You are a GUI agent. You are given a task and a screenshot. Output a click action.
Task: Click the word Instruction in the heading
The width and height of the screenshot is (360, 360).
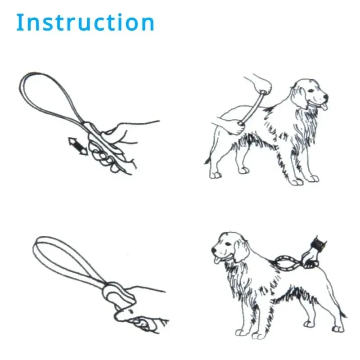[x=85, y=22]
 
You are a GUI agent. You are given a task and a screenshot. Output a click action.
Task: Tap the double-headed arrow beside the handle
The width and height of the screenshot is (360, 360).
[x=77, y=147]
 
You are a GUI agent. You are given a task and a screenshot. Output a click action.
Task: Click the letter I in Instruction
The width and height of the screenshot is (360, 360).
[x=19, y=22]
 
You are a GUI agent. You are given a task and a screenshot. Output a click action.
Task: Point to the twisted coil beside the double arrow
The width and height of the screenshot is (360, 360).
[x=103, y=155]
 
